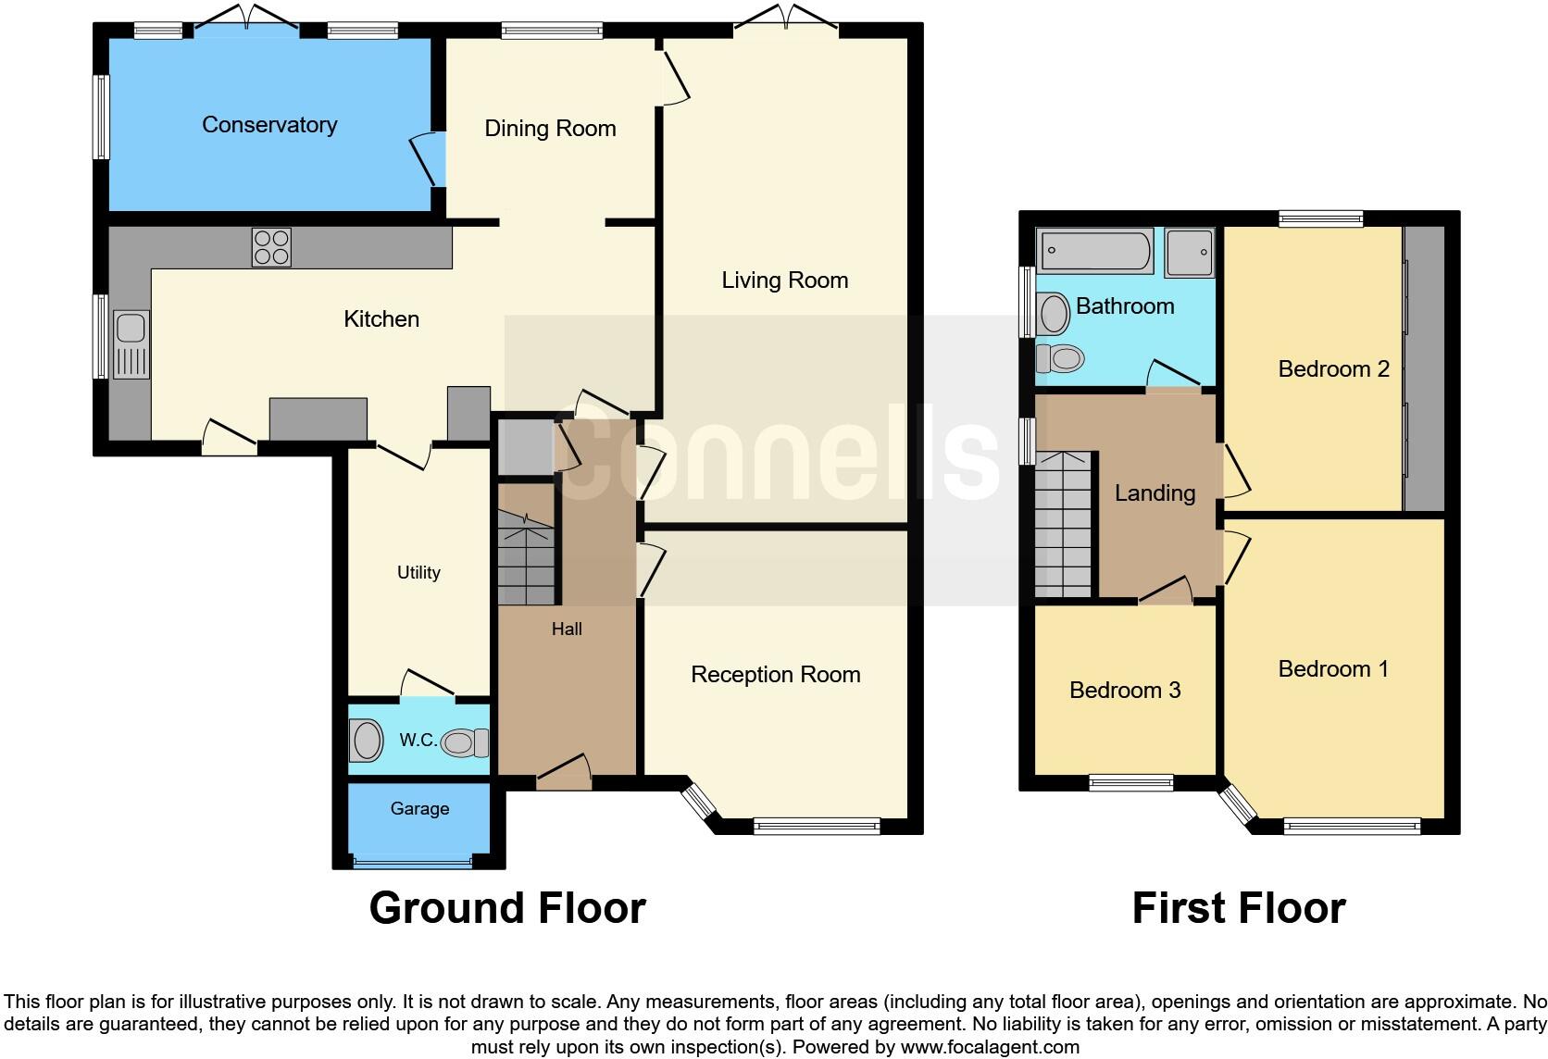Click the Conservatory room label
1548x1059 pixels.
tap(269, 125)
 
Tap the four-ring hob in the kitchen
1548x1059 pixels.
tap(271, 247)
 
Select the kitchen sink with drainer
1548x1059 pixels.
tap(131, 345)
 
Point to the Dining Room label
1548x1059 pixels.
tap(550, 129)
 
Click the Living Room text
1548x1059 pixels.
tap(784, 280)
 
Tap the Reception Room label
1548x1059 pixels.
tap(775, 675)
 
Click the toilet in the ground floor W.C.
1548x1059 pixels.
tap(465, 742)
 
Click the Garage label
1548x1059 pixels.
tap(419, 809)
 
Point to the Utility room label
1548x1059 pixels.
tap(418, 573)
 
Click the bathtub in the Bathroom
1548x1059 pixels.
tap(1095, 251)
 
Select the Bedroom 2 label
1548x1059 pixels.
tap(1333, 369)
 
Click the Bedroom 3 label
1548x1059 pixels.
tap(1124, 691)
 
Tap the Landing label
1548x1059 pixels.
tap(1155, 493)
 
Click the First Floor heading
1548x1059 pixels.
tap(1238, 908)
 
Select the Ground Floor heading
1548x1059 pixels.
tap(507, 908)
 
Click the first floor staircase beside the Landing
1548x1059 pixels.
tap(1064, 525)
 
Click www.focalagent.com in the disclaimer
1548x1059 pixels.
tap(990, 1048)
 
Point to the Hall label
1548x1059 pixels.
tap(567, 629)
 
